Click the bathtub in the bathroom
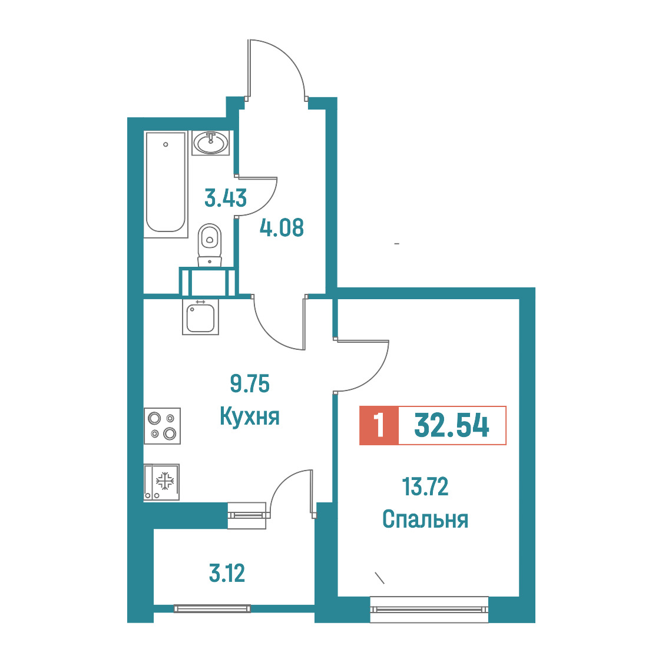165,184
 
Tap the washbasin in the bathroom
211,143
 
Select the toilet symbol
210,245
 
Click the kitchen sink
200,317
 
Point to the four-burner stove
162,426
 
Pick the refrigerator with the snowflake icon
161,482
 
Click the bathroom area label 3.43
226,198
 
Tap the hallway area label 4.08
282,227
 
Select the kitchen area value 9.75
250,384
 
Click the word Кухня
250,416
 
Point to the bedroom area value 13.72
425,486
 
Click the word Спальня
425,519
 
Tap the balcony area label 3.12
227,573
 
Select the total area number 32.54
452,426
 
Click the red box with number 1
379,426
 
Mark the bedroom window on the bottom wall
429,609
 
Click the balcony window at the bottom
212,608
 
